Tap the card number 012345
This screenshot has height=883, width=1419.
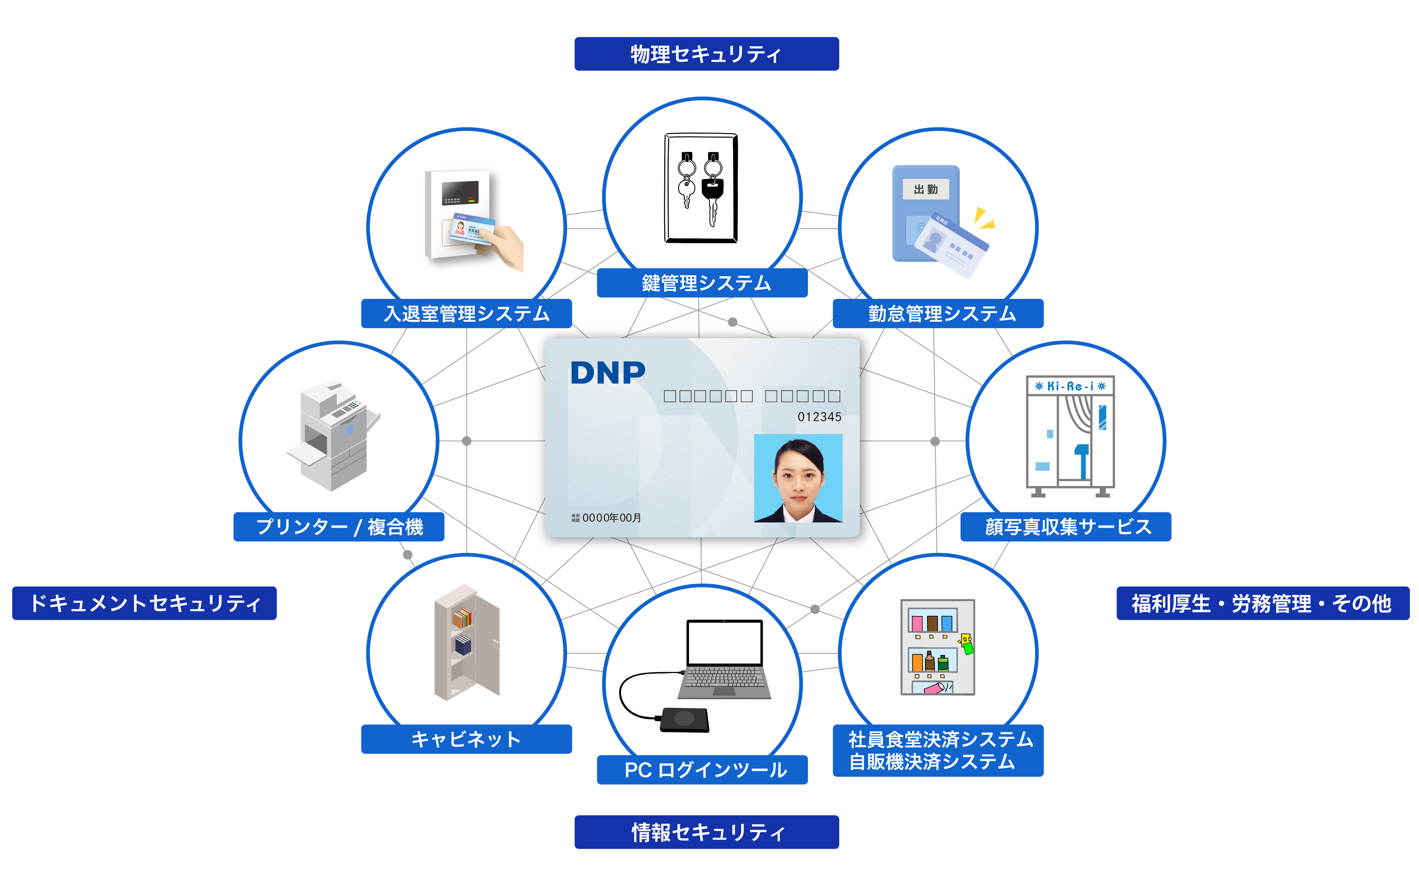click(x=819, y=417)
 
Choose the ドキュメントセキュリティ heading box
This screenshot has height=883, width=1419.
click(x=144, y=603)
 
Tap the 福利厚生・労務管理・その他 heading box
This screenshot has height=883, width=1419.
click(x=1262, y=603)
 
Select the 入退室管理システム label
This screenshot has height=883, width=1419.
click(x=466, y=314)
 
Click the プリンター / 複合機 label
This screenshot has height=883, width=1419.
click(x=339, y=527)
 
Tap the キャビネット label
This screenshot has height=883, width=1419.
click(x=466, y=739)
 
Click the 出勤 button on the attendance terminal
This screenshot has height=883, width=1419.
click(x=925, y=189)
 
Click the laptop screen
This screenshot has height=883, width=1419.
click(x=725, y=642)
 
